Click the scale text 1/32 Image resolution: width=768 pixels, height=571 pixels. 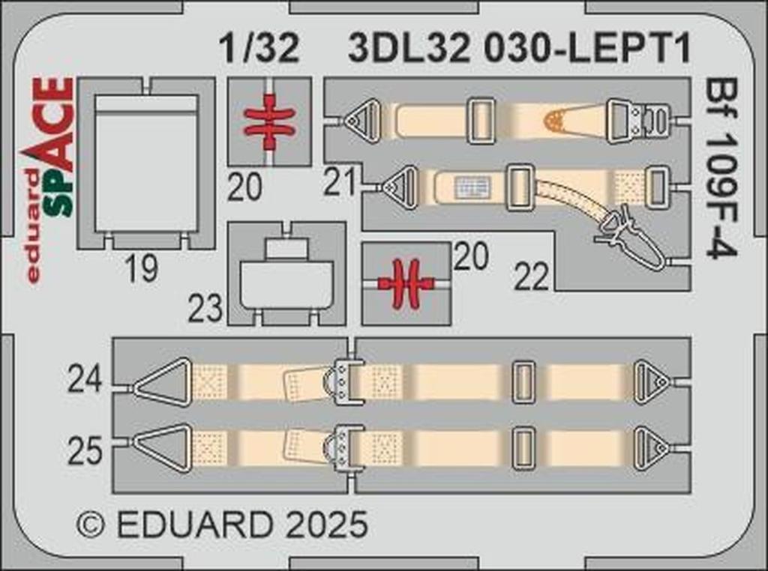click(x=259, y=49)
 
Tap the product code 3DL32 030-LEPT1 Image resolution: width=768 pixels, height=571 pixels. click(x=519, y=49)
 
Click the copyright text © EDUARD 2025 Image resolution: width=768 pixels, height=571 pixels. click(x=222, y=524)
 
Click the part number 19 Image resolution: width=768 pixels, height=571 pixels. click(x=141, y=268)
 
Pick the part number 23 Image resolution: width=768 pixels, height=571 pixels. click(x=205, y=308)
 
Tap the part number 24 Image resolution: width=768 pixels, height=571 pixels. click(x=84, y=381)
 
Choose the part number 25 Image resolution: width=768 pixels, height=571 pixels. click(x=84, y=452)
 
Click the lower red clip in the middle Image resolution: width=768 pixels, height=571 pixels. click(x=406, y=283)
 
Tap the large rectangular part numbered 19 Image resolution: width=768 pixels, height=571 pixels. click(x=146, y=163)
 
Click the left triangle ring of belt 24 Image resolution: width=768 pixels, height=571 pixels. click(x=163, y=381)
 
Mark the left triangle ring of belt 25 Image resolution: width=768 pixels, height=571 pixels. click(x=163, y=447)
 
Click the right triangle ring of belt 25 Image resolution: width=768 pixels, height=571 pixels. click(x=650, y=448)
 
